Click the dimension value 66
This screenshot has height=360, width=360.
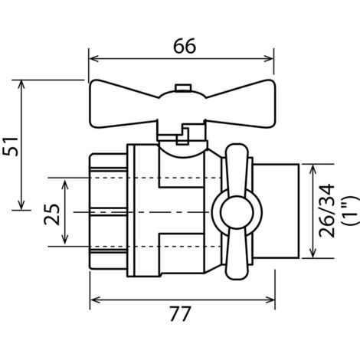pyautogui.click(x=185, y=46)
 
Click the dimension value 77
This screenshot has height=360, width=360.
pyautogui.click(x=180, y=314)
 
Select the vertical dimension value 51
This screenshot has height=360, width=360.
pyautogui.click(x=11, y=146)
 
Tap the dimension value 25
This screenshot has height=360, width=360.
pyautogui.click(x=51, y=214)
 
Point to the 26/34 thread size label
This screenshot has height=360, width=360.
pyautogui.click(x=327, y=211)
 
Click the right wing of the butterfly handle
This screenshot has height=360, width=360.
pyautogui.click(x=241, y=103)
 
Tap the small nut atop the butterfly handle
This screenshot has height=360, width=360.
pyautogui.click(x=182, y=87)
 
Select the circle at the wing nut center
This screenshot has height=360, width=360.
pyautogui.click(x=237, y=213)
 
